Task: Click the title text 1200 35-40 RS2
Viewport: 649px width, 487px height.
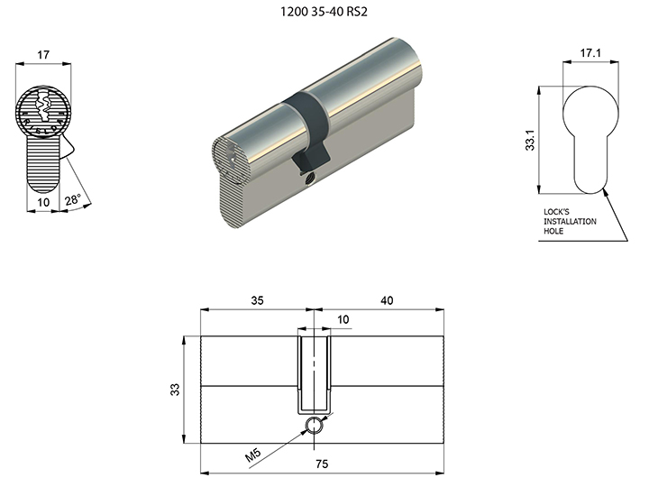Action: pos(324,12)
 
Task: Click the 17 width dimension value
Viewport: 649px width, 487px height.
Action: pos(43,55)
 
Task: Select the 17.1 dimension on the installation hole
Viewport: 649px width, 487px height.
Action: pos(590,53)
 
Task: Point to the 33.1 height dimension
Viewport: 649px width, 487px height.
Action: pos(530,140)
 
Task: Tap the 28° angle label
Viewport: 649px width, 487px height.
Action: pos(72,199)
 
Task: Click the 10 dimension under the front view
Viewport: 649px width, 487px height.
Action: pos(43,202)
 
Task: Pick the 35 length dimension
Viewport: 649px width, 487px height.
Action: pos(257,300)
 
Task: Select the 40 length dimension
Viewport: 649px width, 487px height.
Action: pos(387,300)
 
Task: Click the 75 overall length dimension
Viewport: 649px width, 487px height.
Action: pos(322,464)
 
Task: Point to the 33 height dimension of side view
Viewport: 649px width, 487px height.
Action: pos(175,390)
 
